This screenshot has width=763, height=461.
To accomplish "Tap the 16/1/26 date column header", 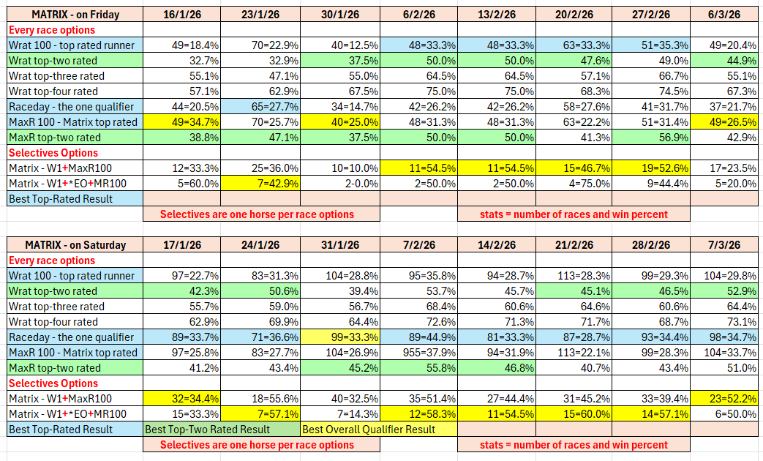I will (181, 15).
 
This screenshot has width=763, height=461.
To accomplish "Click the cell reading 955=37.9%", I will (418, 353).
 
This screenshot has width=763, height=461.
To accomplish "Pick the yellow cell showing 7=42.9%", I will (260, 184).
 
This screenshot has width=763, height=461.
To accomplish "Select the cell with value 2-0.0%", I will (339, 184).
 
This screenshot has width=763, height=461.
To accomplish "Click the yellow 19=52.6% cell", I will (650, 168).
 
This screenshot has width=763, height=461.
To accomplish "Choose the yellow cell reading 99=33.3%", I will (339, 337).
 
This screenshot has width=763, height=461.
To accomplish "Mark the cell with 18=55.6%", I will (260, 399).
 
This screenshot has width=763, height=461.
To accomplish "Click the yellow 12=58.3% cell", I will (418, 414).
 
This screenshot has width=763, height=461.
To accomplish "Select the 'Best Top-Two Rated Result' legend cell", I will (221, 430).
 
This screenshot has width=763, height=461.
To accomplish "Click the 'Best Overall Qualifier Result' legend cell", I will (379, 430).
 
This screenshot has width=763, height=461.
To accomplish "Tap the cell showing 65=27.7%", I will (260, 107).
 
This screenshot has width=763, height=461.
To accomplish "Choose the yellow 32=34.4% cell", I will (181, 399).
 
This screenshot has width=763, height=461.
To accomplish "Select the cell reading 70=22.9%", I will (260, 45).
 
